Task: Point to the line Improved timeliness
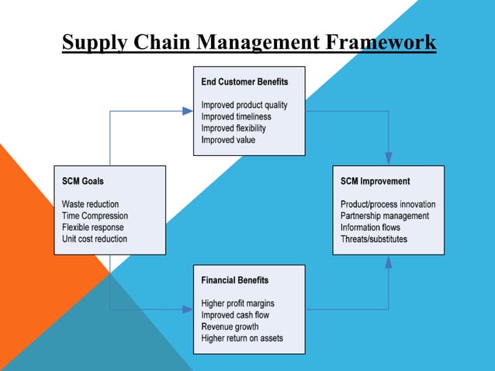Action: (237, 116)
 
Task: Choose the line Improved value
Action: (228, 140)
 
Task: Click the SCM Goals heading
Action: (82, 181)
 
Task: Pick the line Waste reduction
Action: (91, 204)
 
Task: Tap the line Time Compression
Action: (95, 216)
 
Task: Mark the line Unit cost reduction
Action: (95, 239)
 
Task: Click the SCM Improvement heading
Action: (375, 181)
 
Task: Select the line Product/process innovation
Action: (388, 204)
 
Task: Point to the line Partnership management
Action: (385, 216)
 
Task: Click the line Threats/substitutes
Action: (374, 239)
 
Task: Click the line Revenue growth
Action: (230, 327)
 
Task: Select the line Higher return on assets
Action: (242, 338)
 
